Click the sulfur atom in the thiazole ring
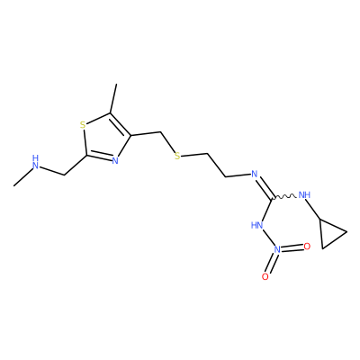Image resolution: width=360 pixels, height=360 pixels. pyautogui.click(x=83, y=125)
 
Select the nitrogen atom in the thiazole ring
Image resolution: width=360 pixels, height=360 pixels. pyautogui.click(x=115, y=161)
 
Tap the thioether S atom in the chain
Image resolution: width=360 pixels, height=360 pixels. pyautogui.click(x=177, y=156)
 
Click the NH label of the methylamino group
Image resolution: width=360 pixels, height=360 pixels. pyautogui.click(x=36, y=162)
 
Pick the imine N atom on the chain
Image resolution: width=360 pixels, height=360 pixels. pyautogui.click(x=255, y=174)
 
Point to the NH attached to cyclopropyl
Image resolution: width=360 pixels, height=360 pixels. pyautogui.click(x=305, y=195)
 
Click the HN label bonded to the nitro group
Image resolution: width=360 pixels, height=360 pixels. pyautogui.click(x=257, y=225)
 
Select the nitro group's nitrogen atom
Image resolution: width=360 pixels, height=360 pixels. pyautogui.click(x=277, y=249)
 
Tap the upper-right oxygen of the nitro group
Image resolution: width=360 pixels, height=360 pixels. pyautogui.click(x=307, y=247)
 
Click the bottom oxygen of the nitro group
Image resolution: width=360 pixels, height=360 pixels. pyautogui.click(x=265, y=276)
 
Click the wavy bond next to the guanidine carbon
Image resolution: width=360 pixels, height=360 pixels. pyautogui.click(x=284, y=197)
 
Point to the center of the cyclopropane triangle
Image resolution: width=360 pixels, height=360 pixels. pyautogui.click(x=330, y=233)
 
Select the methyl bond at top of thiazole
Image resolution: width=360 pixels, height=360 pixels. pyautogui.click(x=113, y=99)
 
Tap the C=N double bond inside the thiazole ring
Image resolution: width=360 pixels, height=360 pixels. pyautogui.click(x=100, y=157)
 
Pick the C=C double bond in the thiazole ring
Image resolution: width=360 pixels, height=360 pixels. pyautogui.click(x=121, y=124)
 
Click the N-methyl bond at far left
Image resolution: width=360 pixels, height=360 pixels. pyautogui.click(x=22, y=177)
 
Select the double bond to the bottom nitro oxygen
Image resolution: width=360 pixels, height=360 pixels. pyautogui.click(x=272, y=263)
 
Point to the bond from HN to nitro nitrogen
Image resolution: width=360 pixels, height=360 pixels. pyautogui.click(x=268, y=238)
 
